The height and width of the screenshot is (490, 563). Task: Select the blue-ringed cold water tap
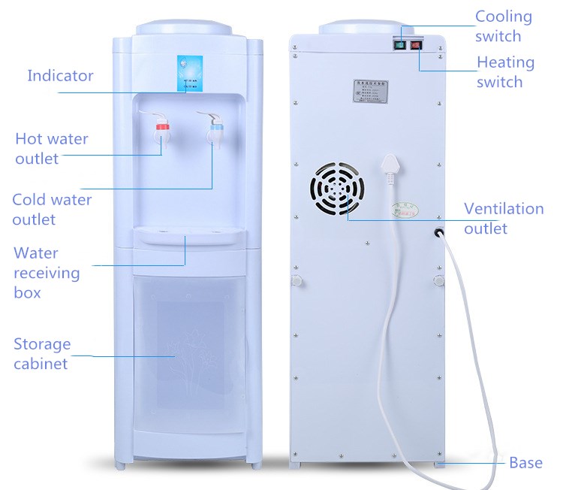pos(216,132)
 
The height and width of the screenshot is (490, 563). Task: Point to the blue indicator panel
pos(187,73)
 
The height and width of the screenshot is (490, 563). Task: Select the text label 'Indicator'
pos(60,75)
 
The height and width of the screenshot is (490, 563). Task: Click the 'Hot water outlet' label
pos(51,148)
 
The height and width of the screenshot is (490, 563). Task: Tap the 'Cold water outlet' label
pos(51,209)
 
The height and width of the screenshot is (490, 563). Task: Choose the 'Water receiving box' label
pos(46,272)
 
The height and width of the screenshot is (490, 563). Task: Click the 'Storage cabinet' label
pos(42,353)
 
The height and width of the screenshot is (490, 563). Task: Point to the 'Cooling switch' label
pos(504,26)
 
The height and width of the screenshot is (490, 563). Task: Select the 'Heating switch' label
pos(505,71)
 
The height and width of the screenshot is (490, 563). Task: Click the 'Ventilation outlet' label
pos(503,218)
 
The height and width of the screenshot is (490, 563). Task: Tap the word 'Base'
pos(525,462)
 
